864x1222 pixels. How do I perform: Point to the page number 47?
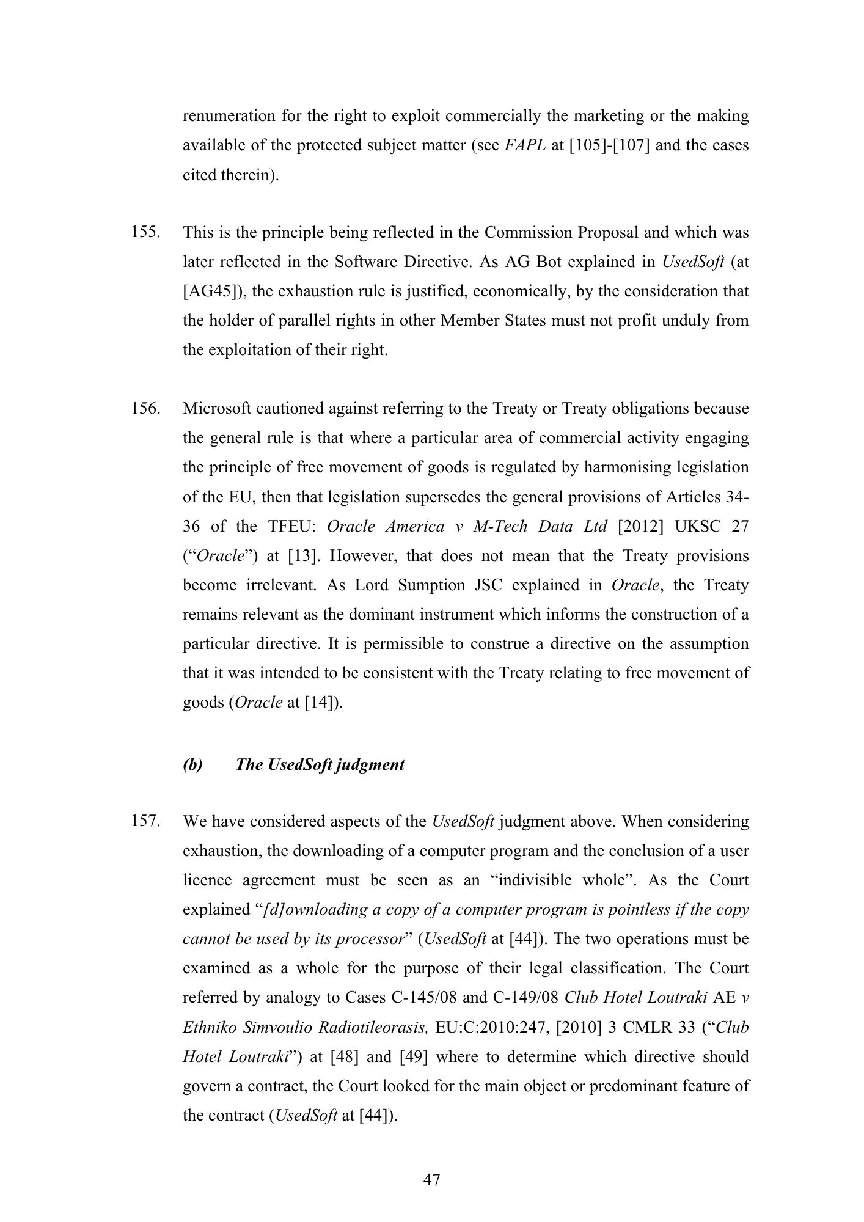[x=431, y=1180]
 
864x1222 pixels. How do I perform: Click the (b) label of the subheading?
[x=192, y=765]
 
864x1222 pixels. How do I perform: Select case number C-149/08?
[x=524, y=998]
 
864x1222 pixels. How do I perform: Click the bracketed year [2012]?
[x=640, y=526]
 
